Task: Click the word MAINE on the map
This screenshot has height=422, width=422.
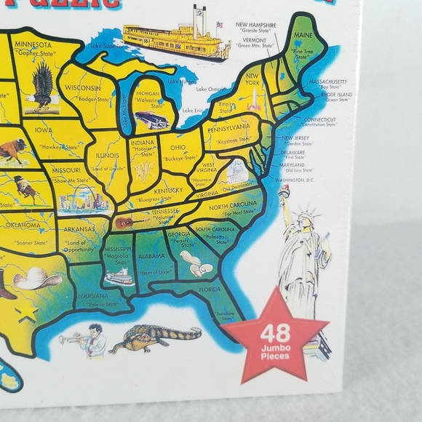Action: pos(304,35)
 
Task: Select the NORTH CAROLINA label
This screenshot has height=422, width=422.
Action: pos(234,207)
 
